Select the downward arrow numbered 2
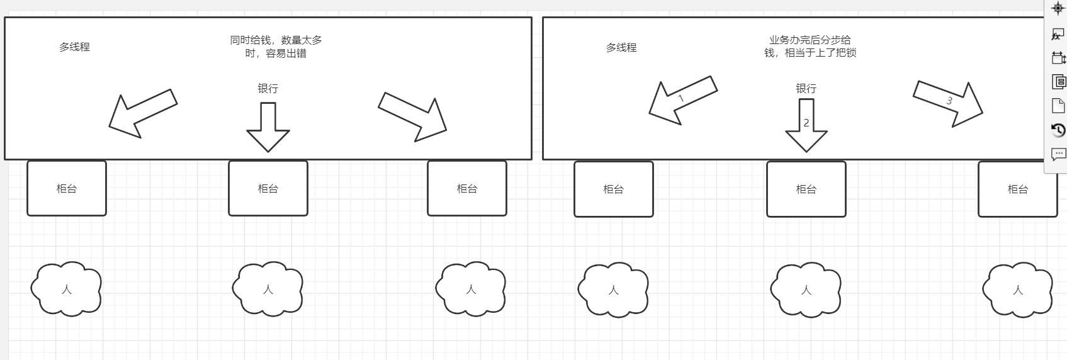tap(806, 127)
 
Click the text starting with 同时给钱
tap(276, 47)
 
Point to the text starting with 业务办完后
tap(810, 47)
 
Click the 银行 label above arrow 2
tap(806, 89)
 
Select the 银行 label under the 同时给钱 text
tap(268, 89)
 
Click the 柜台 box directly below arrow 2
tap(806, 189)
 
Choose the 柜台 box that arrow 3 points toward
tap(1017, 189)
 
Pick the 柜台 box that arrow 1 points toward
tap(613, 189)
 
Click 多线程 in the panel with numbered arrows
tap(621, 47)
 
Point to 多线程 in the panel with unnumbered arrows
tap(74, 47)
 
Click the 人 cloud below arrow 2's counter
tap(806, 290)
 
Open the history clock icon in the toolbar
tap(1058, 130)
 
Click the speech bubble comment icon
tap(1058, 154)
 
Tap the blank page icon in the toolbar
tap(1058, 106)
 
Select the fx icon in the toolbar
tap(1058, 35)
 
